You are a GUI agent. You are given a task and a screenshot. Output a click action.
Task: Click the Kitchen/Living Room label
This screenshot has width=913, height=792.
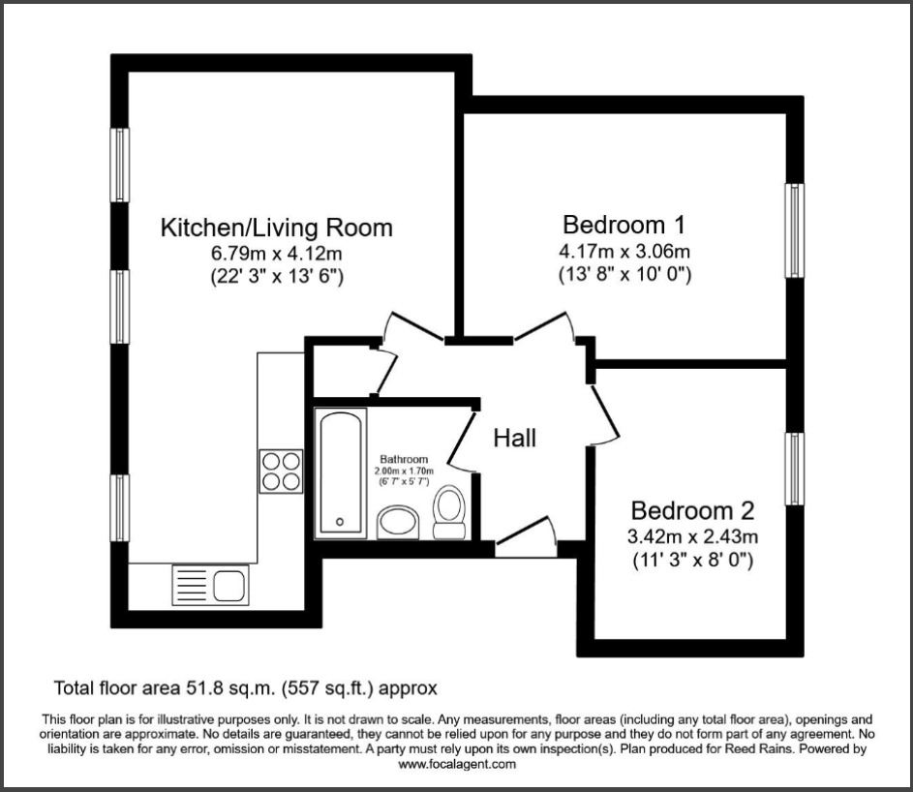[x=276, y=228]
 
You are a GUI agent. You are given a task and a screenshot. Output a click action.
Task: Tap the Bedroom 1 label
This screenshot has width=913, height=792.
[x=624, y=226]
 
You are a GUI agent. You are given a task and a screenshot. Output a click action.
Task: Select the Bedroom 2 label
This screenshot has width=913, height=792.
[x=691, y=510]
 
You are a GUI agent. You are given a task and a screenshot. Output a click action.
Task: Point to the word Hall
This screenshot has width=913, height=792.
[x=515, y=438]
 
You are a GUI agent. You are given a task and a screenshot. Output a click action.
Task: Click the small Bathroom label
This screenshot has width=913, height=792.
[x=403, y=459]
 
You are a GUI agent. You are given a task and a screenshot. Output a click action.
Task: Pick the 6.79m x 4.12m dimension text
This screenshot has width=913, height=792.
[x=277, y=254]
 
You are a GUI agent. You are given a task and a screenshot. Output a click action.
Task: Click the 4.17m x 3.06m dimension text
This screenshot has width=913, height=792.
[x=624, y=252]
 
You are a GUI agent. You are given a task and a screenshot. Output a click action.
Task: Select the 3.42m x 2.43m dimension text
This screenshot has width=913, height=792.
[x=691, y=536]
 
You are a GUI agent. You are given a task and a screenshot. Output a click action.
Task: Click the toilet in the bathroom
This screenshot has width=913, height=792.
[x=448, y=512]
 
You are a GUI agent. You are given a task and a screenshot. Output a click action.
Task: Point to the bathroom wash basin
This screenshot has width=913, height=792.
[x=397, y=523]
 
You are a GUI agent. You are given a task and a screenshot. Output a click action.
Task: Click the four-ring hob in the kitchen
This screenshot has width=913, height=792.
[x=281, y=472]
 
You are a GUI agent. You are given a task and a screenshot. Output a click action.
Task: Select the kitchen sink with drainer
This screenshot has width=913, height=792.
[x=209, y=585]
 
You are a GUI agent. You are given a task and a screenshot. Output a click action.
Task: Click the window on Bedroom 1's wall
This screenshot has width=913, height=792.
[x=795, y=230]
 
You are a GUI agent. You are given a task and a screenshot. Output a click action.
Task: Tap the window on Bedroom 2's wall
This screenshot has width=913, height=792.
[x=795, y=469]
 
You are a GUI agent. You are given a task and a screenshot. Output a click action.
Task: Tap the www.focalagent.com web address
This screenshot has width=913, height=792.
[x=456, y=764]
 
